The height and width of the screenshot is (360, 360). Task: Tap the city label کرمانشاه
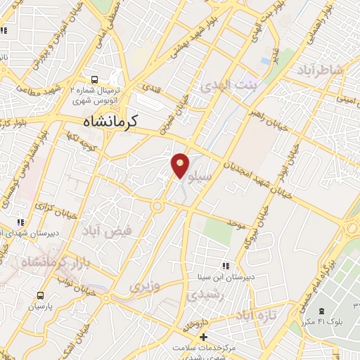106,121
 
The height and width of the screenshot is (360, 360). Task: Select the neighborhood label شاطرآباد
323,70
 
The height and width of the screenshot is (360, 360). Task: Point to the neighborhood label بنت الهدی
229,85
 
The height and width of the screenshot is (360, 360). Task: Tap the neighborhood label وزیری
145,286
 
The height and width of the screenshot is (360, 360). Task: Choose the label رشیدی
203,295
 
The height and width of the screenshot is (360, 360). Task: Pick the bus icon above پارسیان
41,295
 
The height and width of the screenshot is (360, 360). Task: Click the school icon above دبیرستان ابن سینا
226,266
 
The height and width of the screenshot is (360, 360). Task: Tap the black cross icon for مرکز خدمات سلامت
204,338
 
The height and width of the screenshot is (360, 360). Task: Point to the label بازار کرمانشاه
48,264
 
